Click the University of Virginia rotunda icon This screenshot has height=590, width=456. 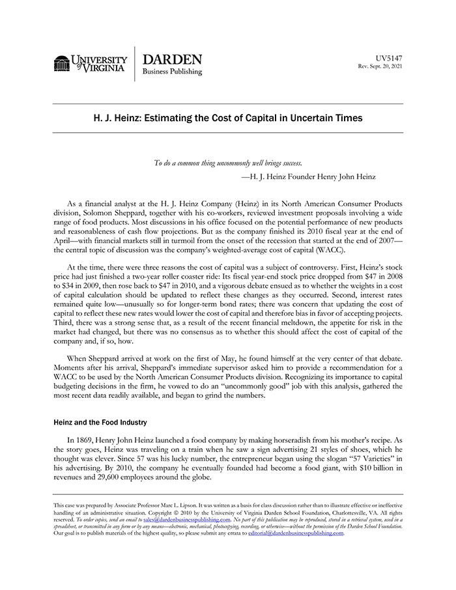pos(62,64)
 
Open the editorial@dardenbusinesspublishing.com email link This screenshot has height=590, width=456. pos(296,533)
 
